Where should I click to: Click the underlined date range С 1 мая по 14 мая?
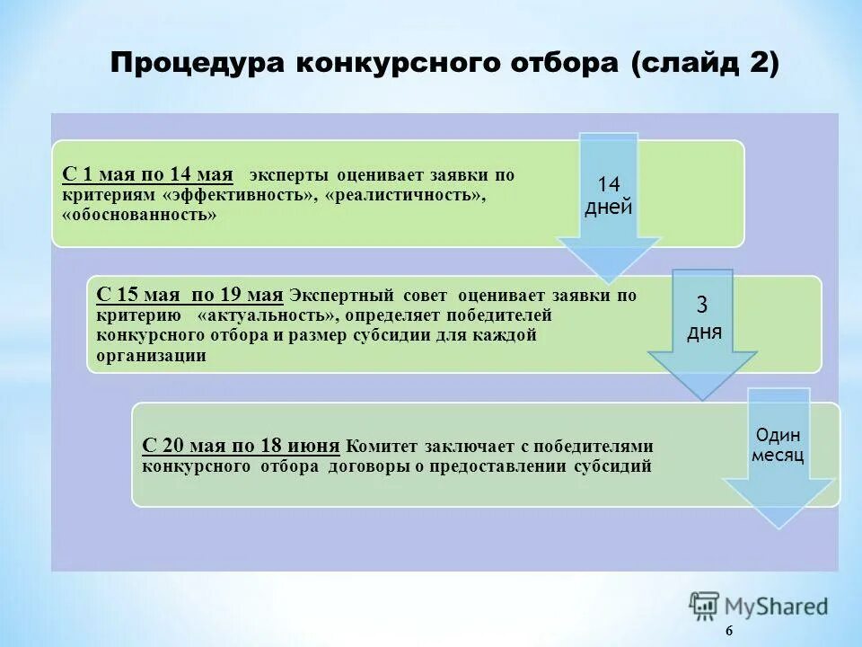click(147, 174)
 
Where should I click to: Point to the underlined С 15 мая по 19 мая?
click(189, 295)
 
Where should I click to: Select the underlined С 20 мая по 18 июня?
click(241, 446)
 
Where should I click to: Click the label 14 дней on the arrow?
click(608, 196)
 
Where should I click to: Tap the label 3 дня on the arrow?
click(702, 318)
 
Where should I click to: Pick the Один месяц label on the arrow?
click(778, 444)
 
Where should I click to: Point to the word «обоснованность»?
click(139, 216)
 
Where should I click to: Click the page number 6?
click(728, 632)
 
